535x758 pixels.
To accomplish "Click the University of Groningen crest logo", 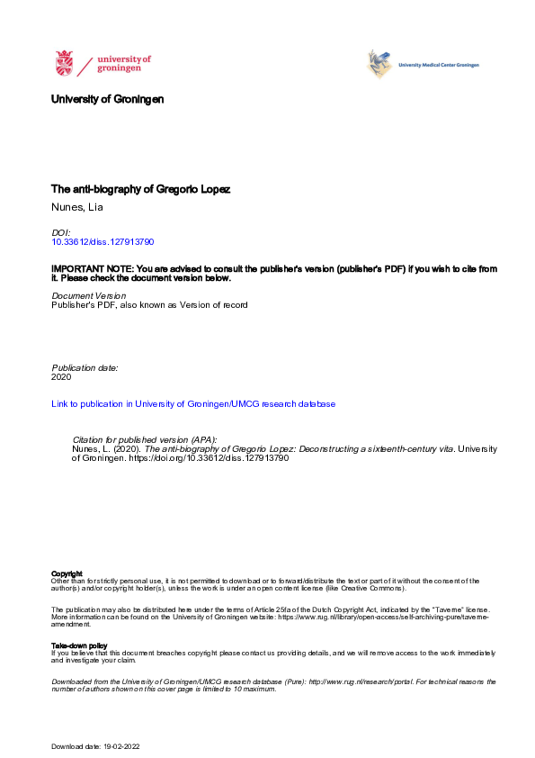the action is coord(65,64).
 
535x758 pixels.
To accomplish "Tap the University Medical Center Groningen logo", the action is coord(423,65).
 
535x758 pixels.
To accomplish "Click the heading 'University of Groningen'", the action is coord(108,99).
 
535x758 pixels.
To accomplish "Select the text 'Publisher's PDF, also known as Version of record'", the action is coord(148,305).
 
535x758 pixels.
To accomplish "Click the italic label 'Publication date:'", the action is coord(85,368).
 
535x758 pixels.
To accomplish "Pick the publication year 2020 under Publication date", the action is coord(62,377).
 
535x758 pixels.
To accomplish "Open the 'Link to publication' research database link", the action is coord(193,404).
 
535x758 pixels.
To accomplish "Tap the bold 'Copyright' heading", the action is coord(67,573).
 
